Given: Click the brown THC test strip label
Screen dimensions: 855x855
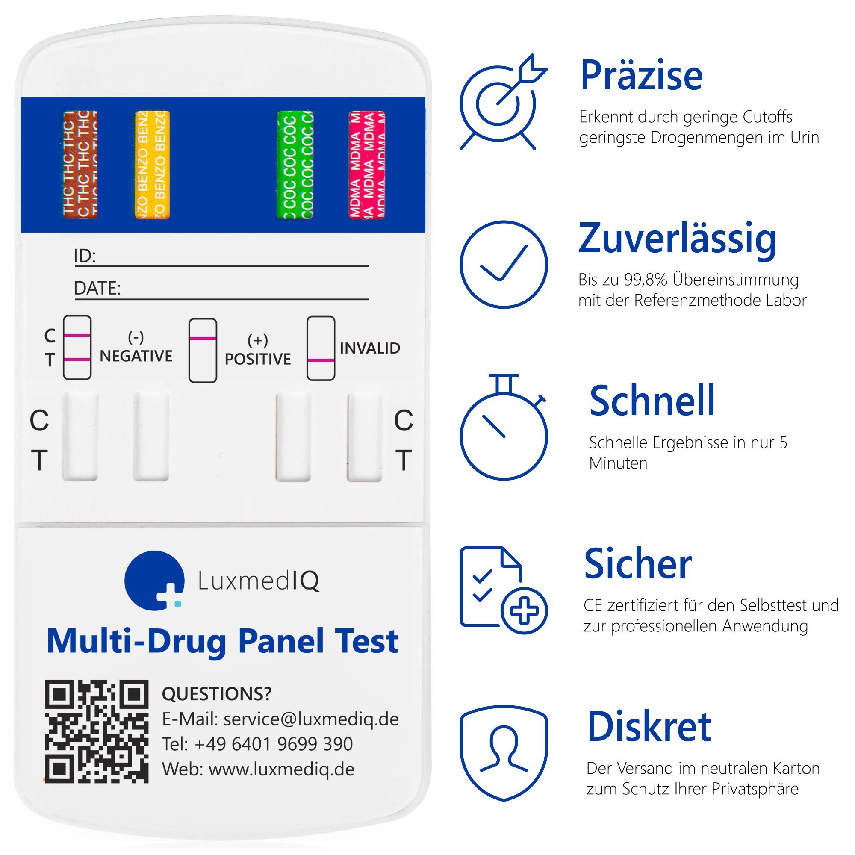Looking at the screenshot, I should point(80,164).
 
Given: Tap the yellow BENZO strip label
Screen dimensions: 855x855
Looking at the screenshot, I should point(152,164).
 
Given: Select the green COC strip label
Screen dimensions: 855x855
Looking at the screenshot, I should point(295,164).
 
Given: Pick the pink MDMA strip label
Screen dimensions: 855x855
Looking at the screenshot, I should point(367,164).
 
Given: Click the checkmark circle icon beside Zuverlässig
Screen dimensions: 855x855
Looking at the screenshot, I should point(503,265).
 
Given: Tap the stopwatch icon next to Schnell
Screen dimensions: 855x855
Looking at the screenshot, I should point(503,429).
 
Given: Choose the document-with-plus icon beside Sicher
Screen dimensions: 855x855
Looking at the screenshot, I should point(503,591).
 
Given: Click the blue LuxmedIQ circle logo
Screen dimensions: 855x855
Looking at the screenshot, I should point(154,580).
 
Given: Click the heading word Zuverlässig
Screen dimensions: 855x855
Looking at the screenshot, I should point(677,239).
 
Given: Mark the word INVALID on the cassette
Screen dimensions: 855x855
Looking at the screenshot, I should point(369,348).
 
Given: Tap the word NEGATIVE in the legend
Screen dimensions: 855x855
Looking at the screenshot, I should point(136,356).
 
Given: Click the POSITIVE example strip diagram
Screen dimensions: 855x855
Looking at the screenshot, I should point(203,350).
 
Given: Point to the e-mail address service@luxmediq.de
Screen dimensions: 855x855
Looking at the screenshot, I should point(311,719).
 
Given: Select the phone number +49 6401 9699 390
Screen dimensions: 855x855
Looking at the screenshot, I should point(274,744).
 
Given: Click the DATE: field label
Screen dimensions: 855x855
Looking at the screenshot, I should point(97,288).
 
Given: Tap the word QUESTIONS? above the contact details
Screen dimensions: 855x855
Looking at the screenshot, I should point(216,694).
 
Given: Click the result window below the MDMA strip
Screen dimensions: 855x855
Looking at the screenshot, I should point(365,437).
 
